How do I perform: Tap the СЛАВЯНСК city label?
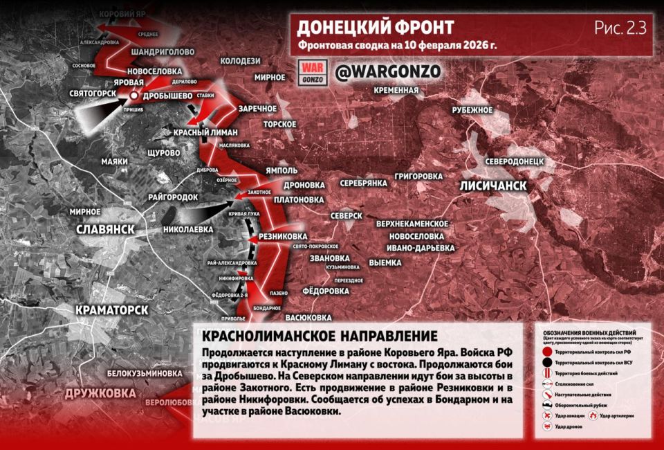click(x=104, y=229)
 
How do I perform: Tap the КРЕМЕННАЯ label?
click(x=396, y=90)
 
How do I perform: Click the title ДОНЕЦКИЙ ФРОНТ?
click(x=376, y=28)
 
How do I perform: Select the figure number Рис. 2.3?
click(x=620, y=28)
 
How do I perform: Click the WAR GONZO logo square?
click(x=311, y=71)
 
